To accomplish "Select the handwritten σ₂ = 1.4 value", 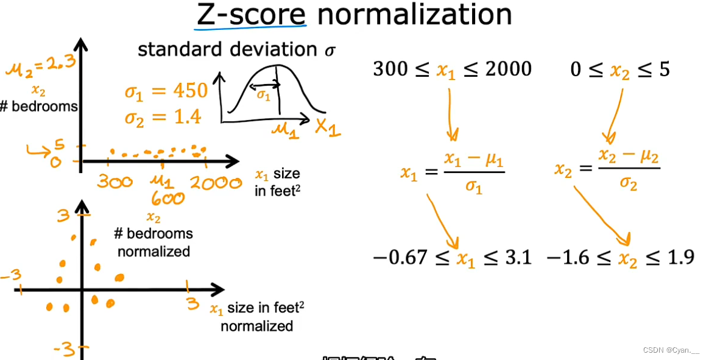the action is [163, 116].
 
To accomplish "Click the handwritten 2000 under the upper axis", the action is [215, 182].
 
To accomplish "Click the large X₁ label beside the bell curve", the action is [328, 127].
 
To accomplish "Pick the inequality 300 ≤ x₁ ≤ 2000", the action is [452, 69].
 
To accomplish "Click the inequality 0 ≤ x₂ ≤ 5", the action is [619, 69].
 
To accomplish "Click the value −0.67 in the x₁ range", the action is [398, 258].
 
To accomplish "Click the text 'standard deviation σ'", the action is [236, 49].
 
